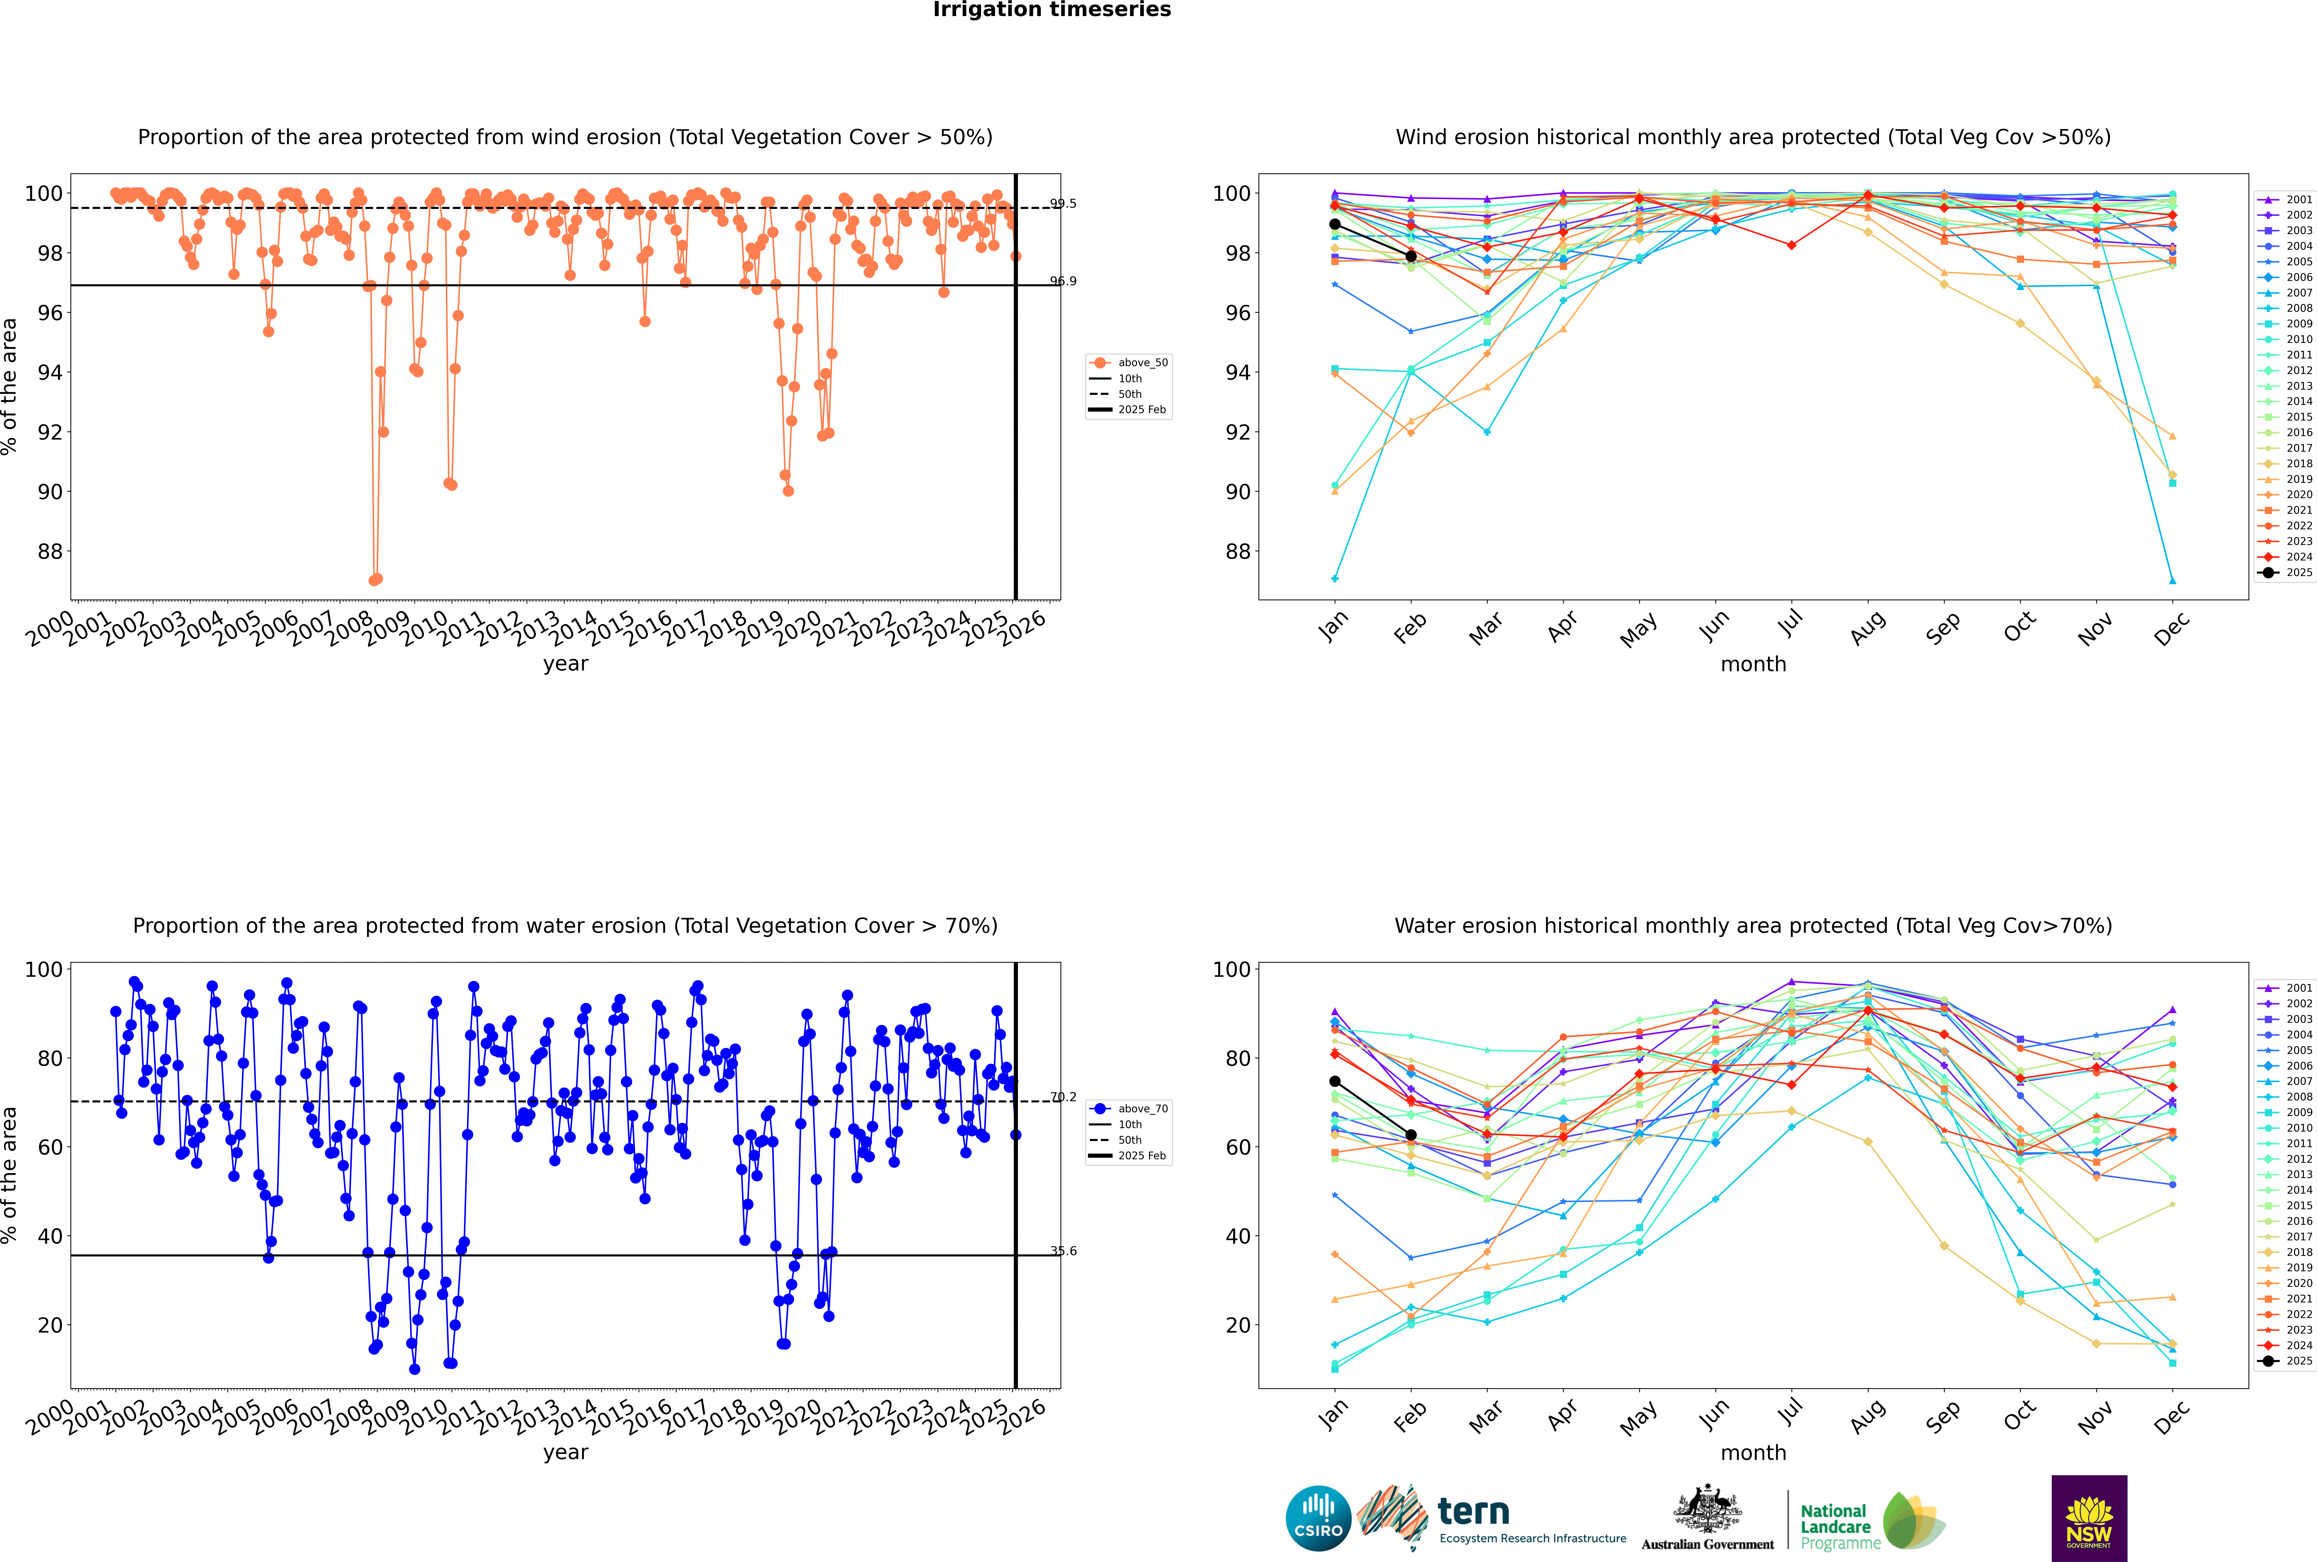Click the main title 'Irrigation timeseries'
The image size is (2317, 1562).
click(1052, 10)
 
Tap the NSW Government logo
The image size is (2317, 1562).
click(2089, 1518)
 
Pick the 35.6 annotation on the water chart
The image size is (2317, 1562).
click(1063, 1251)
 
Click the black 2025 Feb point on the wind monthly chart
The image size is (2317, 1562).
click(1411, 256)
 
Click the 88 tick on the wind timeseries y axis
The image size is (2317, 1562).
click(50, 552)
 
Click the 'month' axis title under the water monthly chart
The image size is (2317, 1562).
click(1753, 1452)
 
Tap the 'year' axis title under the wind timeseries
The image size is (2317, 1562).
click(566, 664)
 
